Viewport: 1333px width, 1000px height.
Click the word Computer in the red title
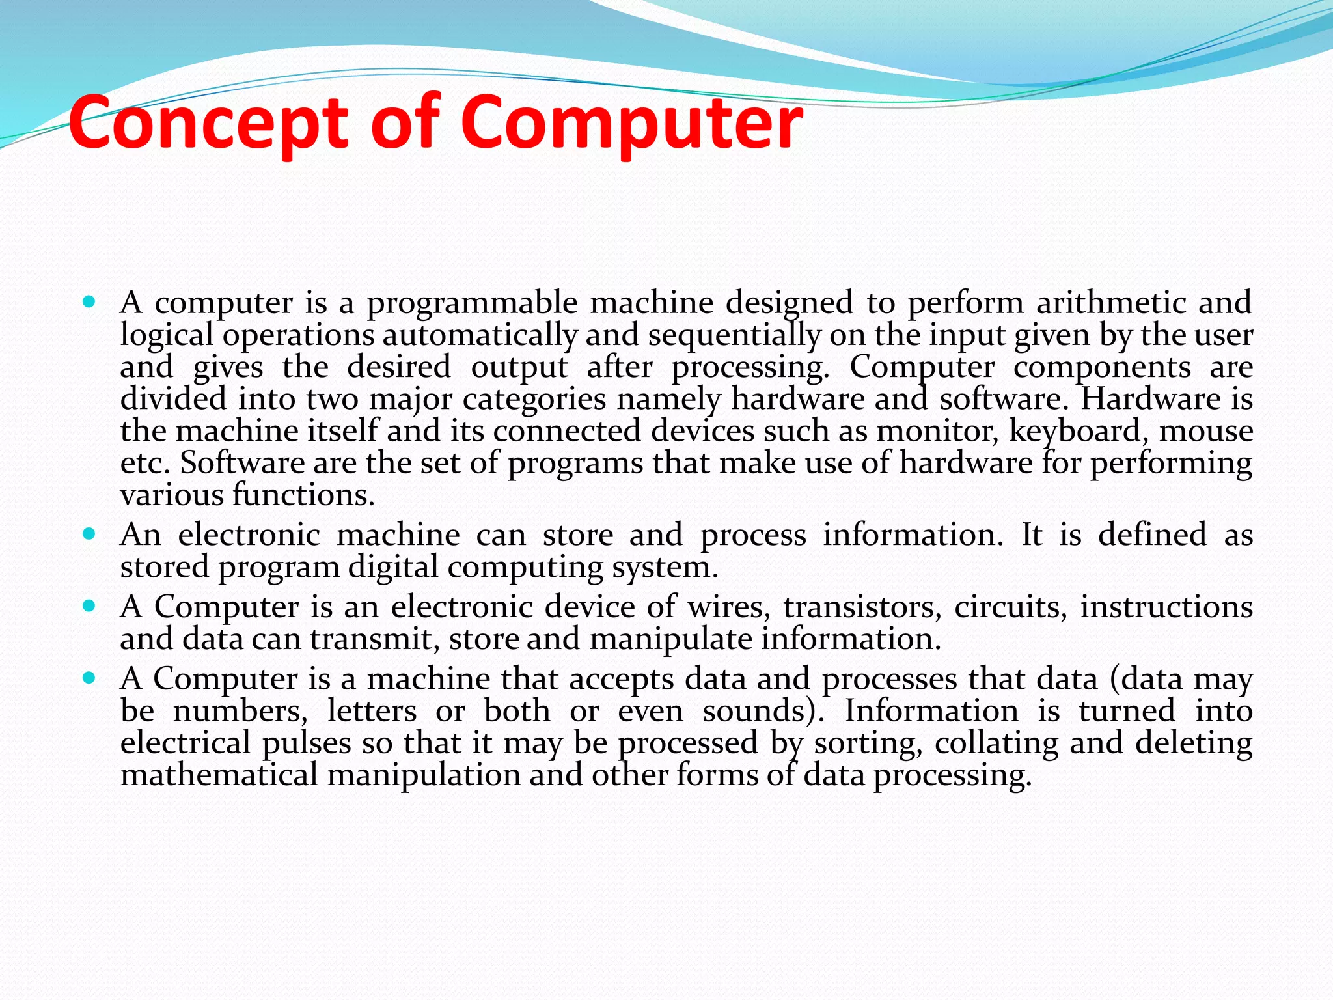tap(631, 124)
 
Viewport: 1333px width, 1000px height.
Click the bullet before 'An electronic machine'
tap(90, 535)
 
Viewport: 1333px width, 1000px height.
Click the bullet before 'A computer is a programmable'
tap(90, 302)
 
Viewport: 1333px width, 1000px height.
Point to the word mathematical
tap(219, 775)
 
